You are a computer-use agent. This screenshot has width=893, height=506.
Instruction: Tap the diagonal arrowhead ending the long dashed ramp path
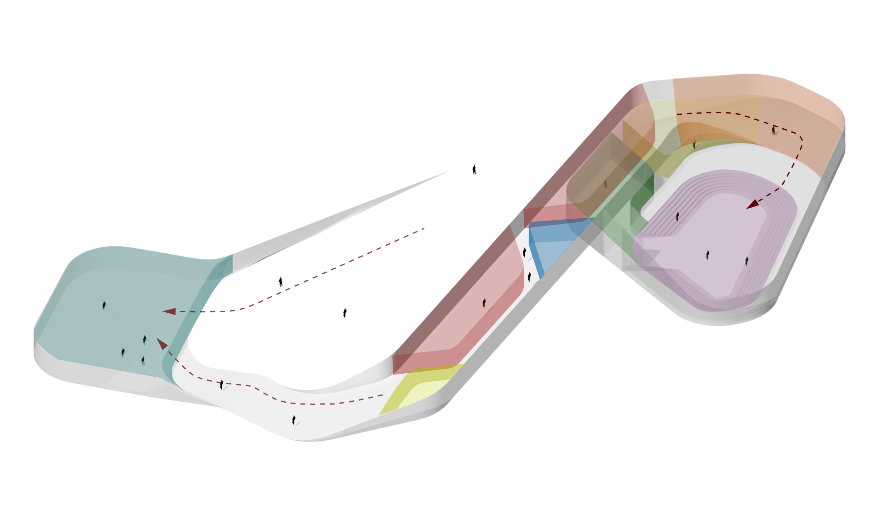[163, 344]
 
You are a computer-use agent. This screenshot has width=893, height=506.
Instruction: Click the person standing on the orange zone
[774, 130]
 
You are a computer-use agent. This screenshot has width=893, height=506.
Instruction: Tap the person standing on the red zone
[484, 303]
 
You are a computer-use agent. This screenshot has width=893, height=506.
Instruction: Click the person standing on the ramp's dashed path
[222, 385]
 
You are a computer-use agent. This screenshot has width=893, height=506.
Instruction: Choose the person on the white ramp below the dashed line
[294, 420]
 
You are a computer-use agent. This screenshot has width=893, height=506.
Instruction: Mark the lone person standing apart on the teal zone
[104, 305]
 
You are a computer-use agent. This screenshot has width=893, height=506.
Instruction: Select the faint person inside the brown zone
[605, 184]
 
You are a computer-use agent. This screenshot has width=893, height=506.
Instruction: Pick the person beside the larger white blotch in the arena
[707, 255]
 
